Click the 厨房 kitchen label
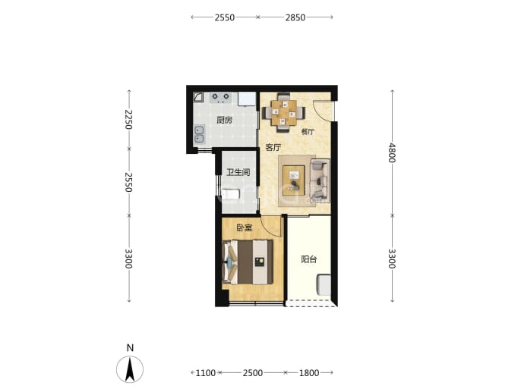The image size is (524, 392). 224,120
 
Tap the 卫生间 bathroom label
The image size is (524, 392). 238,172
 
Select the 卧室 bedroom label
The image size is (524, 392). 245,228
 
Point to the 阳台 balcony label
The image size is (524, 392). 309,259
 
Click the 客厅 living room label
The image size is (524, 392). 273,147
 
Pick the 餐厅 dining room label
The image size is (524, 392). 308,132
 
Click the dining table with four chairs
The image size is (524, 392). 284,112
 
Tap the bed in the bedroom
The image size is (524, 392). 248,262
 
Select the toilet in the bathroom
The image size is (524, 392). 231,194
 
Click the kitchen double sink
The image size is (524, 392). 199,134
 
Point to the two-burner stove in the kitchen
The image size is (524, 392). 220,98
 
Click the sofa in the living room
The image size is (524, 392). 320,181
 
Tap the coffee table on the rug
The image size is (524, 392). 294,180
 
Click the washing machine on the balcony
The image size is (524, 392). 324,284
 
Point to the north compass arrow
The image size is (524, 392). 130,369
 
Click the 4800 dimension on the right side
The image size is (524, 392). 392,153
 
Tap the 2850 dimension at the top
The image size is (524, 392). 295,17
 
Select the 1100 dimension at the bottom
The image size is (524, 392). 206,372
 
